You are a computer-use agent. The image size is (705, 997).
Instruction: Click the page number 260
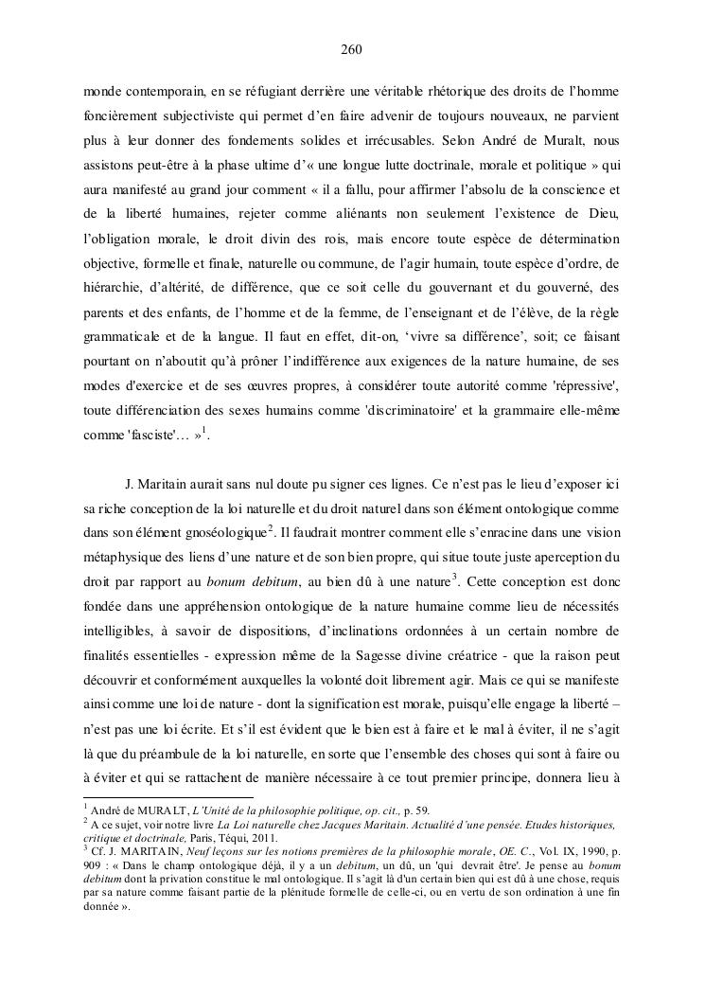click(351, 48)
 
